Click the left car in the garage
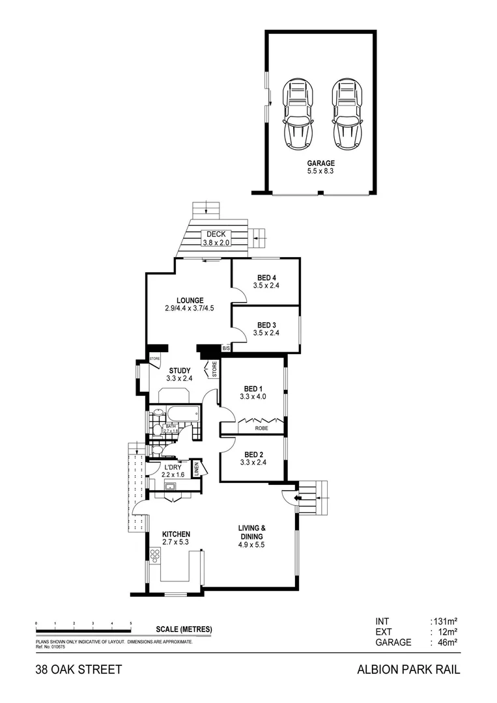[x=298, y=115]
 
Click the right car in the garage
[x=347, y=115]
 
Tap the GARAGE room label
[x=320, y=163]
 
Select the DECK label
[x=215, y=234]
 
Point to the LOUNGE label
[x=189, y=300]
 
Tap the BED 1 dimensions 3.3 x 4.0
[x=253, y=396]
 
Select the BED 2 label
[x=253, y=455]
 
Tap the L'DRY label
[x=172, y=467]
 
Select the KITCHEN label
[x=176, y=534]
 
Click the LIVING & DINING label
[x=251, y=532]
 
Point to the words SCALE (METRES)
[x=184, y=629]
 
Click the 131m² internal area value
[x=444, y=621]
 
